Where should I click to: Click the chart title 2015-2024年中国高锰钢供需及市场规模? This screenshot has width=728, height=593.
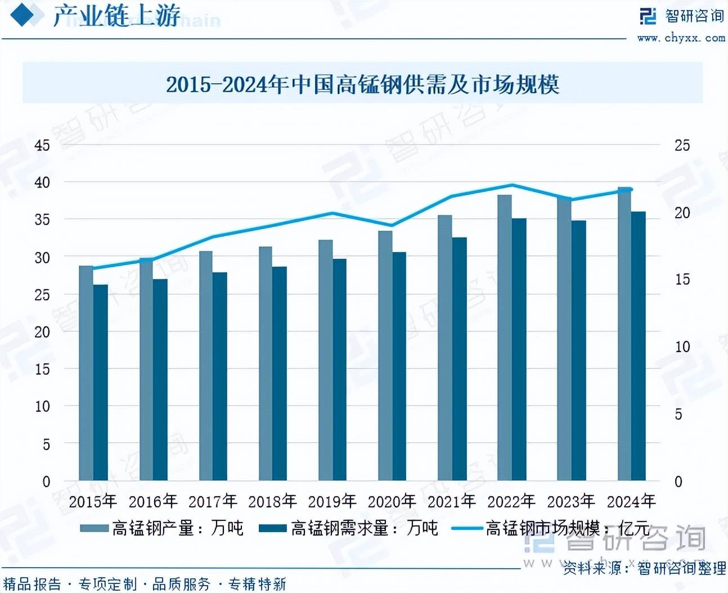[x=362, y=84]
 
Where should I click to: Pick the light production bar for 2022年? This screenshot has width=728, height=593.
[x=504, y=338]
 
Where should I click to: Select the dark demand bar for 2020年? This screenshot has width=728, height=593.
[x=399, y=366]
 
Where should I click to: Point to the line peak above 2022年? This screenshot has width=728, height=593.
[x=512, y=185]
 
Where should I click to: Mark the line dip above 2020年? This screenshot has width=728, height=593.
[x=392, y=226]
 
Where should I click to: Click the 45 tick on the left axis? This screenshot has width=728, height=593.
[x=42, y=145]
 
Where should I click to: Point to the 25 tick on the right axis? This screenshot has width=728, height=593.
[x=682, y=145]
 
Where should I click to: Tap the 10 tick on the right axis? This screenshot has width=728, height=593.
[x=682, y=347]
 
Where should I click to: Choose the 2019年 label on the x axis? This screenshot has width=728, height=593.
[x=332, y=501]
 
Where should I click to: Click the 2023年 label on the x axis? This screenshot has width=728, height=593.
[x=571, y=501]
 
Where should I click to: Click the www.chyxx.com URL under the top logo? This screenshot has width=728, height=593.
[x=681, y=38]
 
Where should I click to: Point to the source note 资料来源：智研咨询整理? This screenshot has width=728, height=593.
[x=645, y=568]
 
